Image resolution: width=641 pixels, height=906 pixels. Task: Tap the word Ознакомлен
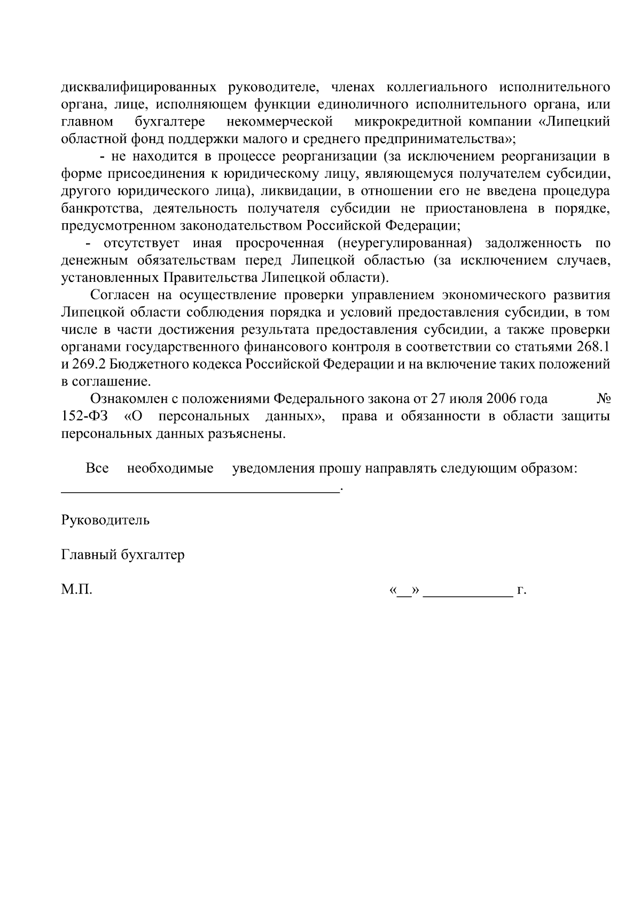[x=127, y=399]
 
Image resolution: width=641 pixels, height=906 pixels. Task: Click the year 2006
[x=501, y=399]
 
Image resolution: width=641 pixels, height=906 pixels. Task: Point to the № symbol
[x=603, y=399]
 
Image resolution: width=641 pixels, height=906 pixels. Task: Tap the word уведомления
[x=273, y=469]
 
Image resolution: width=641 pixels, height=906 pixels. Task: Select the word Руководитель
[x=105, y=520]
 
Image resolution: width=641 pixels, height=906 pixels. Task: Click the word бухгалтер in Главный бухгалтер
[x=153, y=555]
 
